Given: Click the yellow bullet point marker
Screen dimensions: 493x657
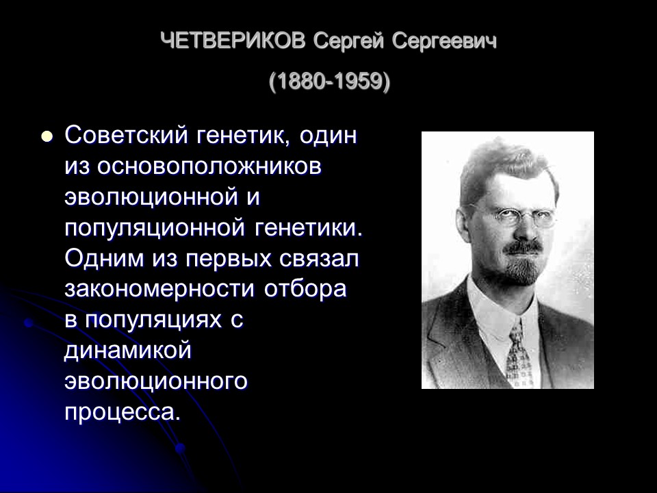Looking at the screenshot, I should (x=47, y=136).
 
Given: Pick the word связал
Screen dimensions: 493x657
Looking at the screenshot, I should (x=325, y=258).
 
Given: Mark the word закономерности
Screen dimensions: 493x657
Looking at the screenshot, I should (x=160, y=289).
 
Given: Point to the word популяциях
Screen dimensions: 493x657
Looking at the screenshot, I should (x=157, y=320).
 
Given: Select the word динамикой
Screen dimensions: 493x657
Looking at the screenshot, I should (x=127, y=351).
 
